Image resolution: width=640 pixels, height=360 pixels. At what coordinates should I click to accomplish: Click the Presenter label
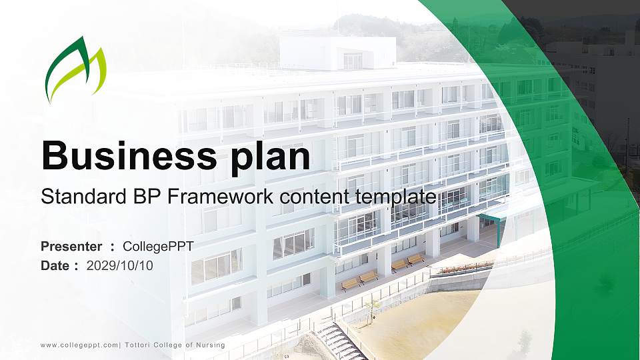click(71, 247)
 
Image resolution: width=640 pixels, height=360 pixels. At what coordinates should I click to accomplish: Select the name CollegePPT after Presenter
click(158, 247)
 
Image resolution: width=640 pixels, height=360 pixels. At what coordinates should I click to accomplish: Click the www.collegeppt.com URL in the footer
click(79, 345)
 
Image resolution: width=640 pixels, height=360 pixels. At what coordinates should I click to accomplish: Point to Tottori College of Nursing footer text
click(175, 345)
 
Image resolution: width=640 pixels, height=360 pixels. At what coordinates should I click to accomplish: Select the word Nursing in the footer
click(211, 345)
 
